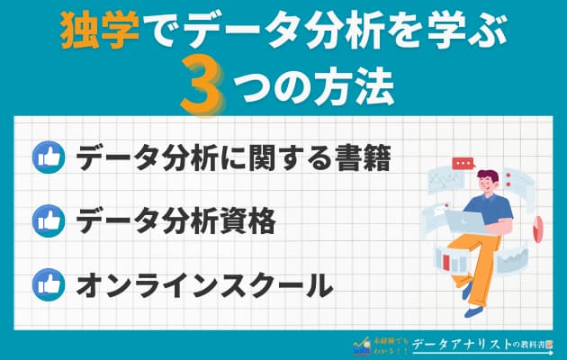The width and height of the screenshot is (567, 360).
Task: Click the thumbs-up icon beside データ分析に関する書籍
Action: pos(46,158)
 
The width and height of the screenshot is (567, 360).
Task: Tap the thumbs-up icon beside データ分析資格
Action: pos(46,221)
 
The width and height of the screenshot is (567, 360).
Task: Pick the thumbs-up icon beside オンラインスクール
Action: pos(46,285)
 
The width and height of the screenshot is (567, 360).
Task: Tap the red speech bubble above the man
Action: pos(463,164)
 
